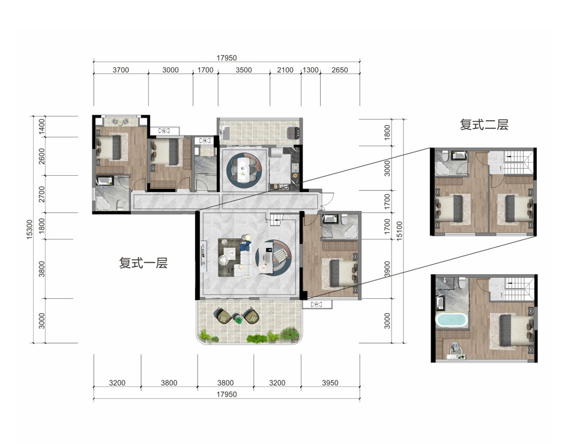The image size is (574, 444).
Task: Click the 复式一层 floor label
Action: (143, 263)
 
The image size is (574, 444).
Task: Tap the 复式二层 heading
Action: (484, 125)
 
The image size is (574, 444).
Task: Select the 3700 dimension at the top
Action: (121, 70)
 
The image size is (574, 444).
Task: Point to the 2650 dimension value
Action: (339, 70)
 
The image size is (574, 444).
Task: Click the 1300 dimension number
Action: (310, 70)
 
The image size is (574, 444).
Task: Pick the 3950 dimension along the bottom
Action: (330, 383)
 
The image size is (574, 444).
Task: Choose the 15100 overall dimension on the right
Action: (399, 230)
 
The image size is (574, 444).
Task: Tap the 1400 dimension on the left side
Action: (42, 126)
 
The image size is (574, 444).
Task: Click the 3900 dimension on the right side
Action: (387, 269)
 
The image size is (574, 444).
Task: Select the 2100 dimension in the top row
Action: (285, 70)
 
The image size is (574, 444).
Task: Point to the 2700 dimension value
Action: (42, 194)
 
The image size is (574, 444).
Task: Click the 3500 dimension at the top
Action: (243, 70)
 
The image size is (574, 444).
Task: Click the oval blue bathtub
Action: (451, 320)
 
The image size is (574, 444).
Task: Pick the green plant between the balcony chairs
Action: (238, 320)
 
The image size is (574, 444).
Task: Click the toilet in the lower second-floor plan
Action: (462, 283)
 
